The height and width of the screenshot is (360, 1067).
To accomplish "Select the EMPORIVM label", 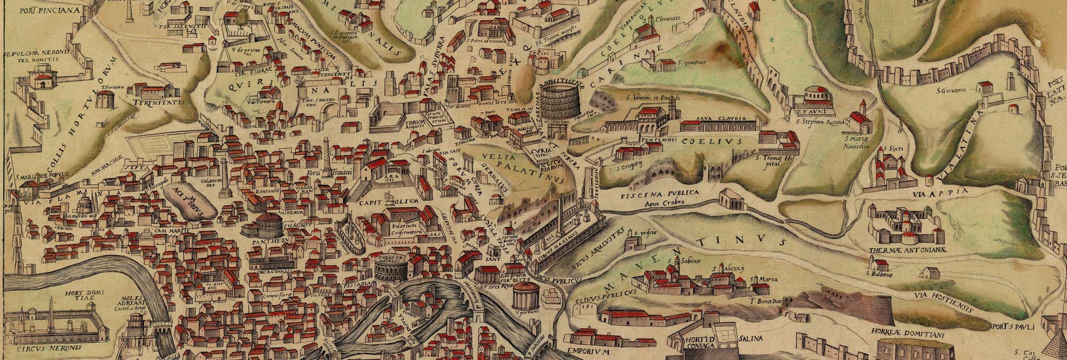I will click(586, 352).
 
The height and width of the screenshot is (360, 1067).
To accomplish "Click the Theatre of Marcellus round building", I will click(390, 269).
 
